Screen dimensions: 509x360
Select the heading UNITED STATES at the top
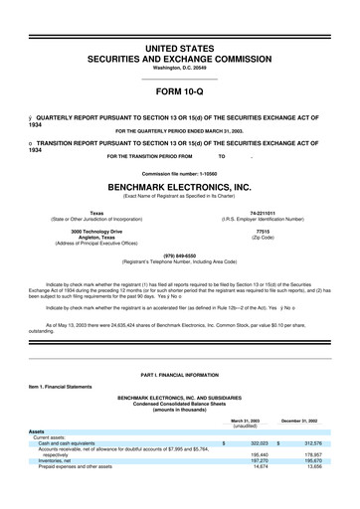[x=179, y=49]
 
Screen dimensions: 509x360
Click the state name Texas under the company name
[x=96, y=213]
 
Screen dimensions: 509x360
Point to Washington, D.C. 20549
[x=179, y=69]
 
